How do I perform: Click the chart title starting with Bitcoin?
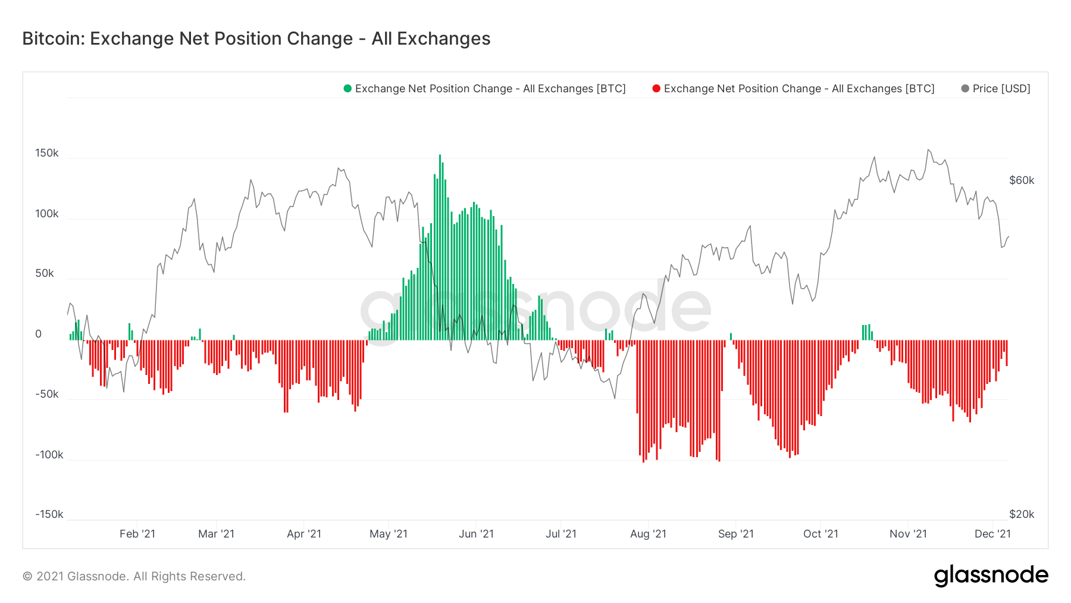tap(256, 39)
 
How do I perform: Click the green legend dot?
tap(347, 89)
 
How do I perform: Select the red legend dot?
tap(656, 89)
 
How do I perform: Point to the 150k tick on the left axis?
tap(47, 153)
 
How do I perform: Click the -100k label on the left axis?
tap(49, 455)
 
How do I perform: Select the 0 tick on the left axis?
tap(39, 334)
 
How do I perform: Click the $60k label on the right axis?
tap(1022, 180)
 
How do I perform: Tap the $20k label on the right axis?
tap(1022, 514)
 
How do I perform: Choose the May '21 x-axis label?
tap(389, 534)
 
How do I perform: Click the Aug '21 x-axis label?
tap(648, 534)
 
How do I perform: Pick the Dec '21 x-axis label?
tap(992, 534)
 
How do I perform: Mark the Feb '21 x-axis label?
tap(137, 534)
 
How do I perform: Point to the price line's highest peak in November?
tap(928, 150)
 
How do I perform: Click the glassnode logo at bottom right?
tap(991, 576)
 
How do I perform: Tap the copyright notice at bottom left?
tap(134, 576)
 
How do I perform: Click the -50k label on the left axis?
tap(47, 394)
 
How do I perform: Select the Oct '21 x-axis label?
tap(821, 534)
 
